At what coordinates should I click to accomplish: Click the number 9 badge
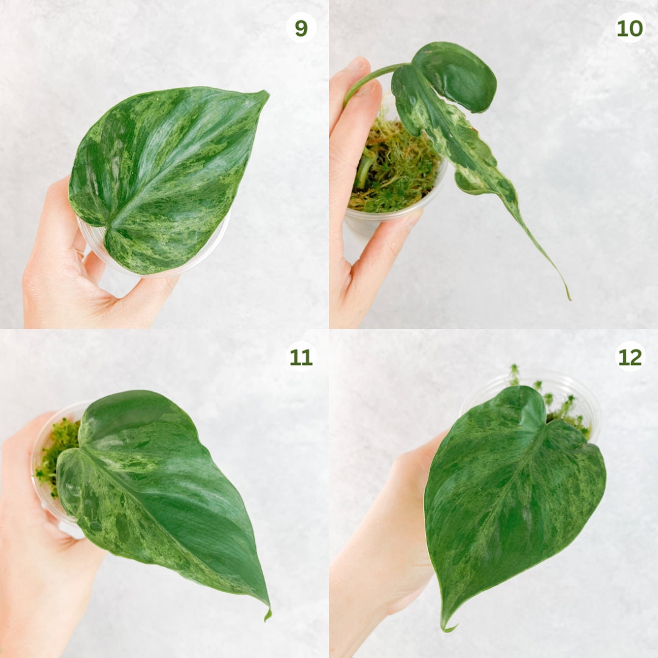pyautogui.click(x=301, y=28)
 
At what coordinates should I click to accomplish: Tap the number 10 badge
pyautogui.click(x=630, y=28)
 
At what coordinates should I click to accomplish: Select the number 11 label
pyautogui.click(x=301, y=357)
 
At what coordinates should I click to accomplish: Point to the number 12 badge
pyautogui.click(x=630, y=357)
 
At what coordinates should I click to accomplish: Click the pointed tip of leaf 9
pyautogui.click(x=265, y=94)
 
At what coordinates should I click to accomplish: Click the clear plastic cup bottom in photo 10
pyautogui.click(x=359, y=225)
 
